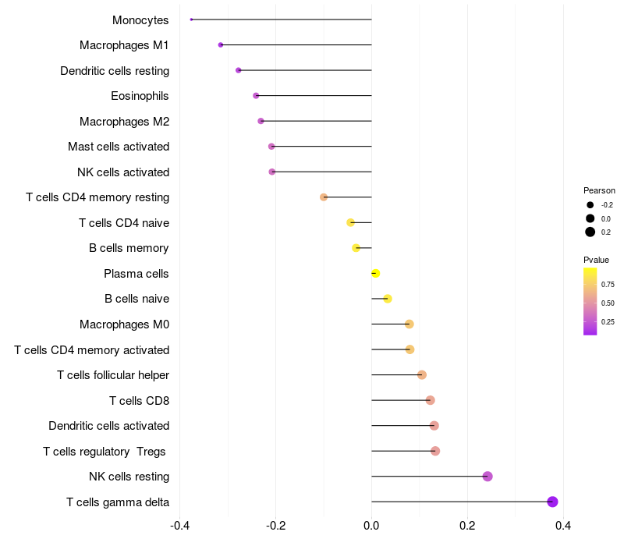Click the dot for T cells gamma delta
tap(552, 502)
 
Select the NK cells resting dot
tap(487, 477)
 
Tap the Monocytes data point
tap(191, 19)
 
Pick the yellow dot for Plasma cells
tap(376, 273)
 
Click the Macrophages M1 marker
tap(221, 45)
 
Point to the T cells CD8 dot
tap(430, 400)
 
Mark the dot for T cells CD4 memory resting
tap(324, 197)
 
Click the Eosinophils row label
tap(140, 96)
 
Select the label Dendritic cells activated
tap(109, 426)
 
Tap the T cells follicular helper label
tap(113, 375)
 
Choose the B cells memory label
tap(129, 248)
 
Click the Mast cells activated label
tap(119, 147)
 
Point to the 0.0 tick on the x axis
tap(372, 526)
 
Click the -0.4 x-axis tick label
tap(180, 526)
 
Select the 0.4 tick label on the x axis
tap(563, 526)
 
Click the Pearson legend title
tap(599, 190)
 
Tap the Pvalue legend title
tap(597, 260)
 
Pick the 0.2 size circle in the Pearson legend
tap(590, 232)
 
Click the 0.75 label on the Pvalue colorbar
tap(608, 285)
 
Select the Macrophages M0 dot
tap(409, 324)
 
